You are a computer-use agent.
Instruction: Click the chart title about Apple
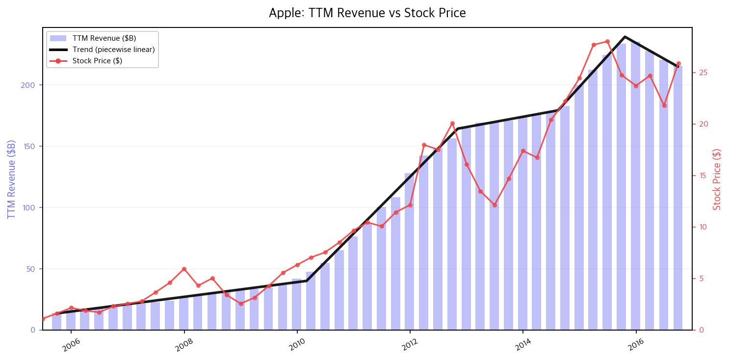coord(367,13)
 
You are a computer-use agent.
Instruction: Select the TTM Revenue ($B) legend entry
coord(93,38)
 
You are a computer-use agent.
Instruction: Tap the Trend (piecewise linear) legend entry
coord(102,50)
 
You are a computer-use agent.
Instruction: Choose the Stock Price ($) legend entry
coord(86,61)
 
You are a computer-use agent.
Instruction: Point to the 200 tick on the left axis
coord(27,85)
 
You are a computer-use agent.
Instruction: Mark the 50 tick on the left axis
coord(30,269)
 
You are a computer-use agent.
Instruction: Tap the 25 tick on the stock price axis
coord(703,73)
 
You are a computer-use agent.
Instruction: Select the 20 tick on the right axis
coord(703,124)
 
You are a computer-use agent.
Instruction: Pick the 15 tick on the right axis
coord(703,176)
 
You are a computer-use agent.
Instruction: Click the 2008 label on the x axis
coord(184,345)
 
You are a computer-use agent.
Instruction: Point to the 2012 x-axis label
coord(410,345)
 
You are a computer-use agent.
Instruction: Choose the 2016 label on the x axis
coord(636,345)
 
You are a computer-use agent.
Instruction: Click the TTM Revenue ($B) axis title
coord(11,180)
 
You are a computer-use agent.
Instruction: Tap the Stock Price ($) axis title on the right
coord(717,180)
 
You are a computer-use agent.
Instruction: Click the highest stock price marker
coord(607,42)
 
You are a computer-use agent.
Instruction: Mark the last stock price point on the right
coord(678,64)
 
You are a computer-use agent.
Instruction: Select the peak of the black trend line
coord(625,37)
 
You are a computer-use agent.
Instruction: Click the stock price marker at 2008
coord(184,269)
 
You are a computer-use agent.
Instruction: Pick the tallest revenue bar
coord(636,186)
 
